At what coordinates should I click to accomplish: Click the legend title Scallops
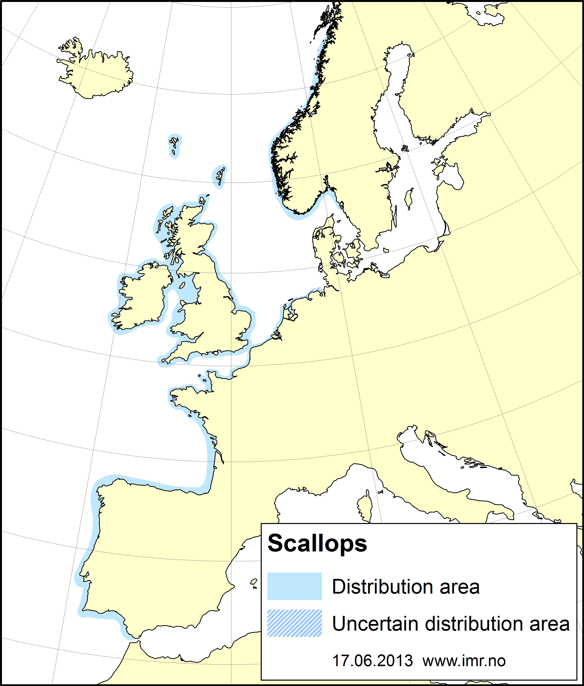pyautogui.click(x=317, y=543)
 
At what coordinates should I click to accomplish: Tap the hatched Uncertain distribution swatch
pyautogui.click(x=294, y=623)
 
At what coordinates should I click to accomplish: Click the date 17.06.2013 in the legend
pyautogui.click(x=372, y=661)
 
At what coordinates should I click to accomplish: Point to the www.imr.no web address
pyautogui.click(x=464, y=661)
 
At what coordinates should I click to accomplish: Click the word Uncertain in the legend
pyautogui.click(x=375, y=624)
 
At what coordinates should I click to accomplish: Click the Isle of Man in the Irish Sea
pyautogui.click(x=182, y=285)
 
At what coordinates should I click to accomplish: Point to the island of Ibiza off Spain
pyautogui.click(x=254, y=582)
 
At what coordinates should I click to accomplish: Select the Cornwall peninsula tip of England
pyautogui.click(x=166, y=360)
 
